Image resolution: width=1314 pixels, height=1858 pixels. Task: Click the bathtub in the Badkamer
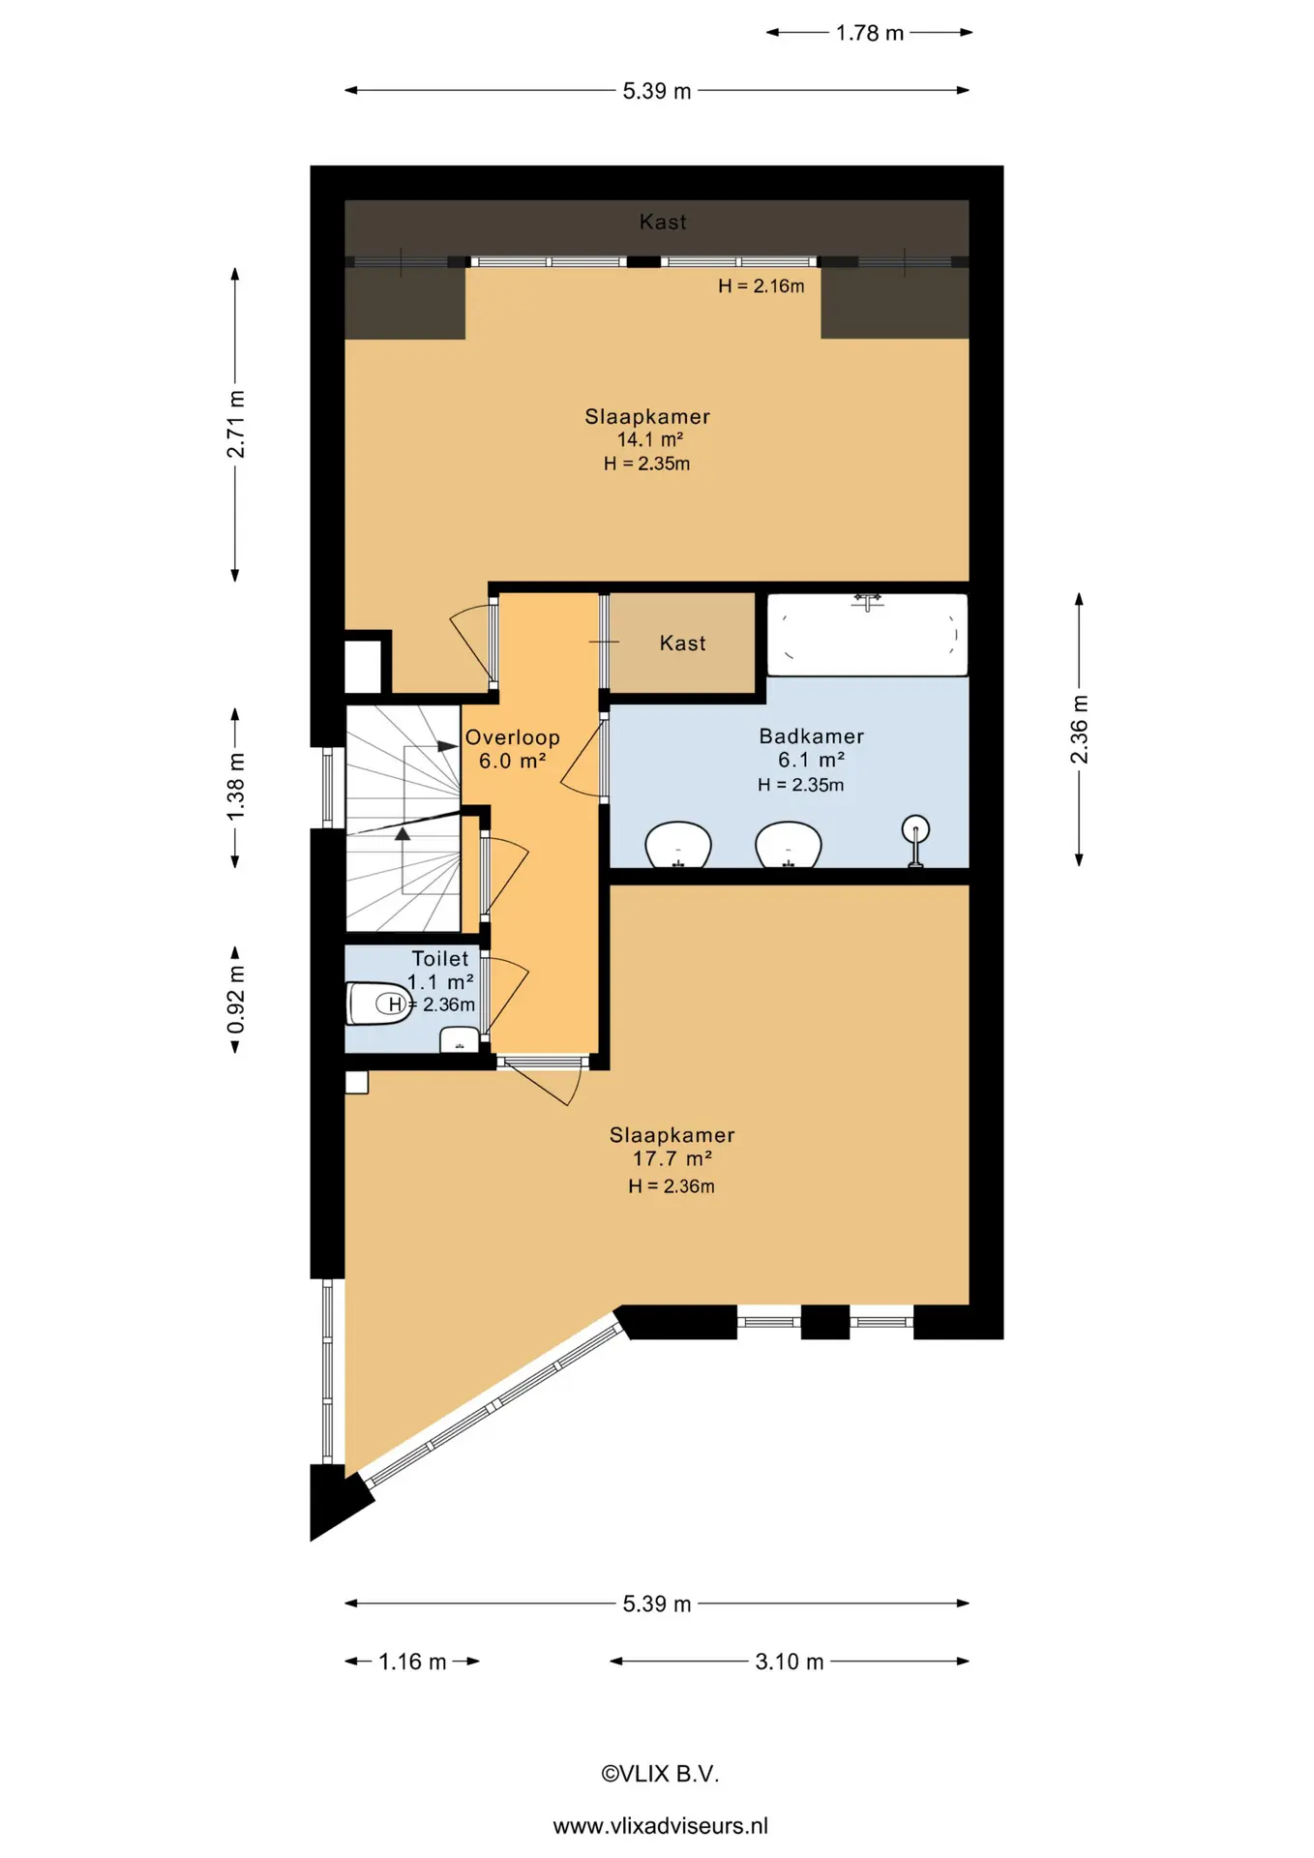point(867,634)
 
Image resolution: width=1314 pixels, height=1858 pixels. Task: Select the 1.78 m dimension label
point(870,33)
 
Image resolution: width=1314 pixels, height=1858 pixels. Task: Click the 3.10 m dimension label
point(790,1662)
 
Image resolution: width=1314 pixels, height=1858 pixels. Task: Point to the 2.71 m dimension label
point(235,425)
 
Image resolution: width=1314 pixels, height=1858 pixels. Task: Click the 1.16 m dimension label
point(412,1662)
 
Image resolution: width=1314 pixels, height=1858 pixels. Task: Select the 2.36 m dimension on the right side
point(1079,730)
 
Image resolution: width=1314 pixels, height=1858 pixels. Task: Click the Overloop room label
point(512,737)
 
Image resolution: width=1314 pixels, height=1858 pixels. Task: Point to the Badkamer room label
point(811,736)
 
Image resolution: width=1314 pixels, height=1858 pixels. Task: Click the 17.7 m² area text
point(672,1158)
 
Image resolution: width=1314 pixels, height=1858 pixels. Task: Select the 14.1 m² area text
point(650,439)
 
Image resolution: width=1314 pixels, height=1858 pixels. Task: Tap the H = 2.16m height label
point(762,286)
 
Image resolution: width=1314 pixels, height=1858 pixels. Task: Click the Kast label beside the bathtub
point(682,644)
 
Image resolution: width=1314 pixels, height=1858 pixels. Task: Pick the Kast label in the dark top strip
point(663,222)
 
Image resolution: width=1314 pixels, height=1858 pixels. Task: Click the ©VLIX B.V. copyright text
point(660,1774)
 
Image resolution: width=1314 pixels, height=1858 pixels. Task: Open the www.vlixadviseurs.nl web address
point(660,1826)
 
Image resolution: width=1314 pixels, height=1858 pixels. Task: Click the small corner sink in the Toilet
point(460,1040)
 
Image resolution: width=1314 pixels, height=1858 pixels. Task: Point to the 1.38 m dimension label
point(235,787)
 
